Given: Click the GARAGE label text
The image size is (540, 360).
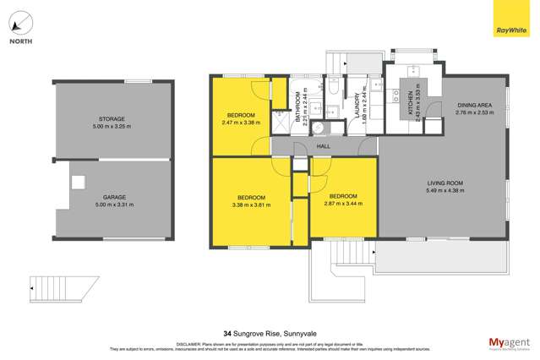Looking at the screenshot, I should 112,200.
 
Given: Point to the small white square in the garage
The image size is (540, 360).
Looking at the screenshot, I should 79,181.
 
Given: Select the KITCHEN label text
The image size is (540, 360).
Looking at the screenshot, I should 411,103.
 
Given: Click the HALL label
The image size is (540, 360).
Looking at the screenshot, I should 325,145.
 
